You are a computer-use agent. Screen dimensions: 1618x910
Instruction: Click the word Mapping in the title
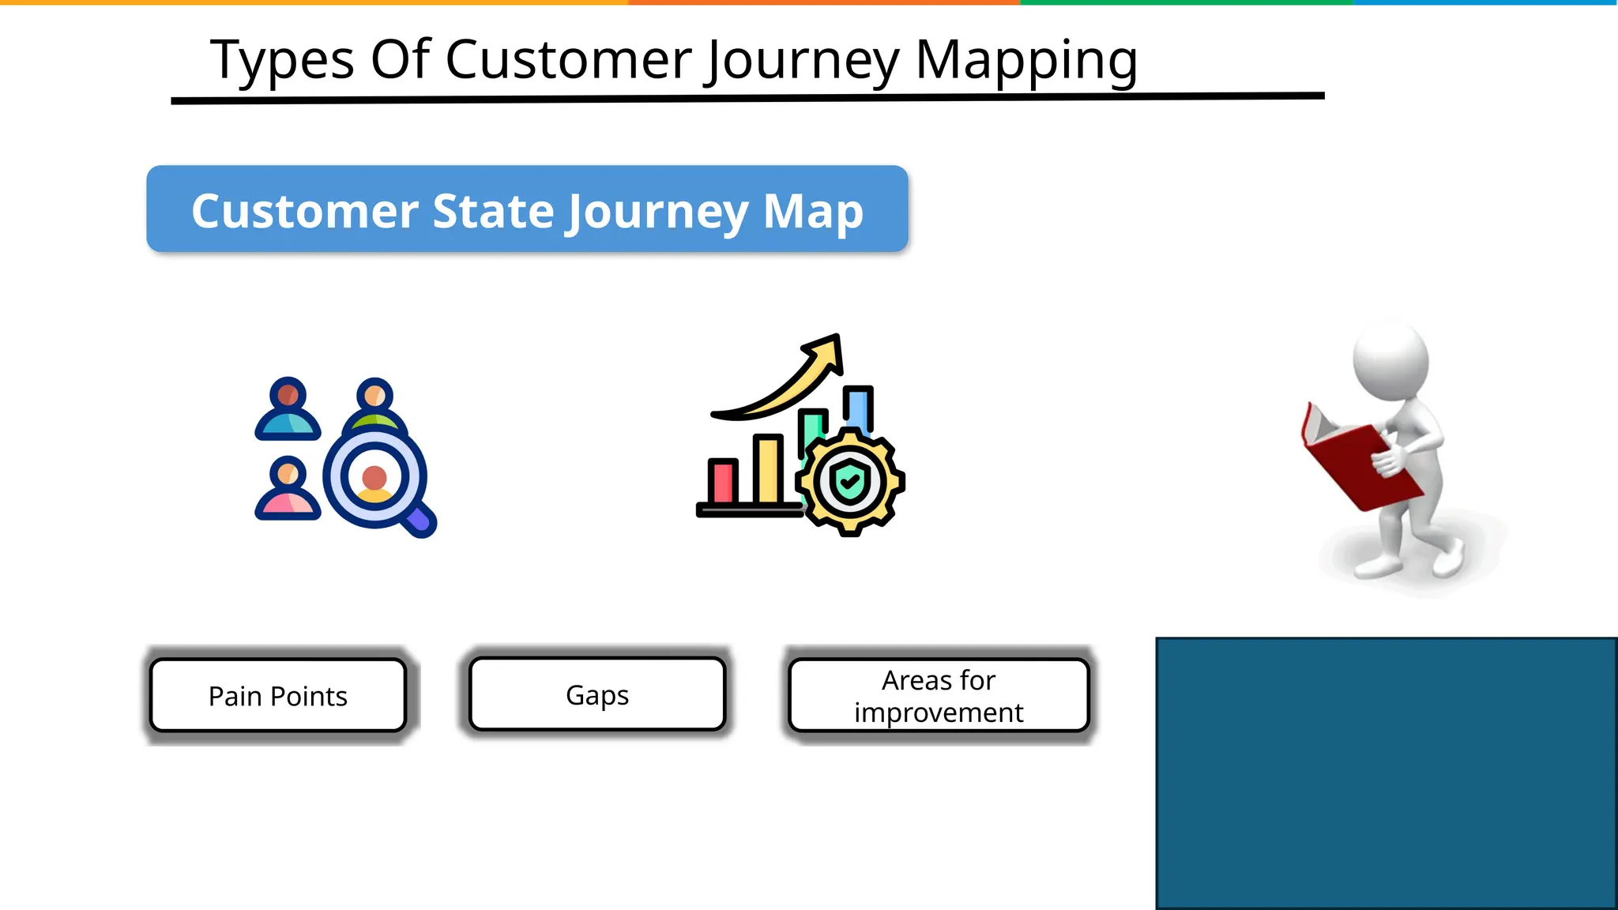(x=1026, y=61)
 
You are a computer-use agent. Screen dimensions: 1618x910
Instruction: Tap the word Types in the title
(x=282, y=61)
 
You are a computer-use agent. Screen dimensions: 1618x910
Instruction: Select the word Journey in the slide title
(x=803, y=61)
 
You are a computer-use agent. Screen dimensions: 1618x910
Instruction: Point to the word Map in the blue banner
(x=813, y=212)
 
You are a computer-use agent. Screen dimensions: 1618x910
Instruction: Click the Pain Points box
(x=278, y=696)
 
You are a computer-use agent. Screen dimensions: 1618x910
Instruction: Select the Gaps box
(x=597, y=695)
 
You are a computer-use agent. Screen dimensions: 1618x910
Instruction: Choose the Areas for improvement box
(x=939, y=696)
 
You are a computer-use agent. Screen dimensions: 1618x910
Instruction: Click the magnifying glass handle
(x=419, y=520)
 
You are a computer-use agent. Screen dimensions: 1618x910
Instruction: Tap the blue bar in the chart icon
(x=858, y=408)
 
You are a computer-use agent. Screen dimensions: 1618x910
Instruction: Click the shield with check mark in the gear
(x=850, y=481)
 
